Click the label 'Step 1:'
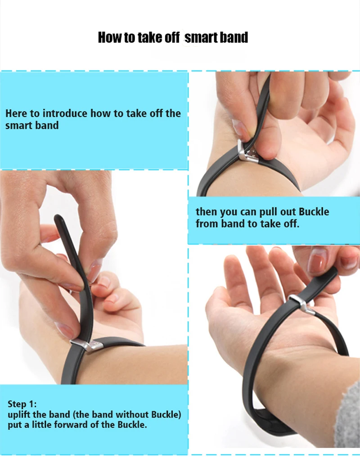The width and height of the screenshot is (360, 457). (x=22, y=404)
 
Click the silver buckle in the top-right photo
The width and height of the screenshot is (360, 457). (x=247, y=152)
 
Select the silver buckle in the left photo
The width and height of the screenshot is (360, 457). (x=86, y=345)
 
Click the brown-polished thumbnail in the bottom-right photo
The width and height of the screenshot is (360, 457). (x=316, y=260)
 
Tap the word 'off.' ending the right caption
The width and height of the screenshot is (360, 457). (x=291, y=224)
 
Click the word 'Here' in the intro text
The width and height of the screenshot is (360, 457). (x=16, y=113)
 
